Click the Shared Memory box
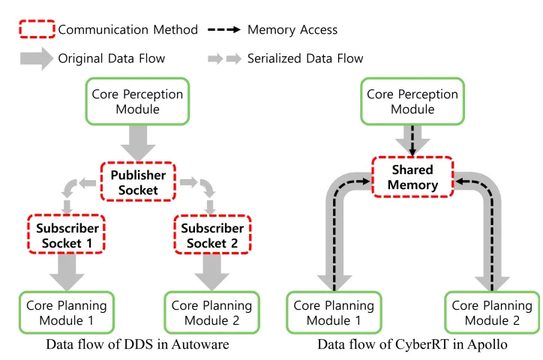click(x=412, y=177)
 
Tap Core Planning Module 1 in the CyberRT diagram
click(x=334, y=313)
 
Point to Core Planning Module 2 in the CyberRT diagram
click(x=493, y=313)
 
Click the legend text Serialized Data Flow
click(x=305, y=58)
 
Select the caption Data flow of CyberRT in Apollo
click(x=413, y=344)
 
